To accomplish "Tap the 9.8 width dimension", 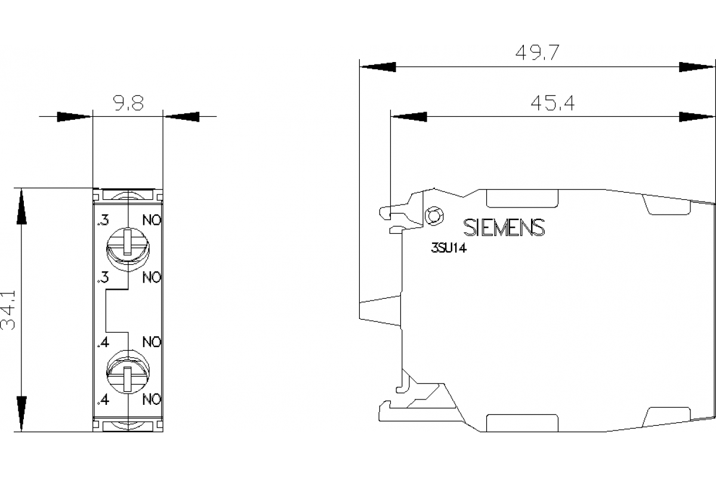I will point(127,104).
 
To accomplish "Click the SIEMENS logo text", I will point(504,227).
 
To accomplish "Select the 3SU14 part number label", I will point(448,250).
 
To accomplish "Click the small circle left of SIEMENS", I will point(434,215).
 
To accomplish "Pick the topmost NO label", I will point(152,221).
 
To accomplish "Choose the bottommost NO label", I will point(152,399).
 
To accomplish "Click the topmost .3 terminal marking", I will point(102,221).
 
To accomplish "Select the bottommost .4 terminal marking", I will point(102,399).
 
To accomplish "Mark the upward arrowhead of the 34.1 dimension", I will point(21,206).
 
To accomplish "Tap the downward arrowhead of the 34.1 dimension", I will point(21,413).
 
